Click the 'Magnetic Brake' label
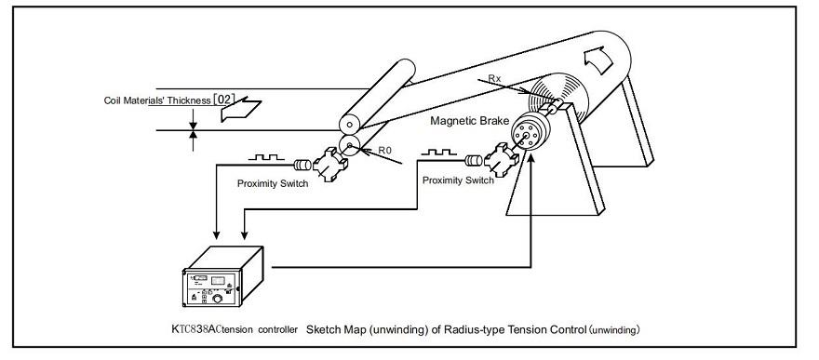point(469,121)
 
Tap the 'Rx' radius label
point(494,78)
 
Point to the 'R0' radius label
point(385,151)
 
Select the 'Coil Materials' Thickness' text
point(157,100)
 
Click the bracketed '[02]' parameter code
point(224,100)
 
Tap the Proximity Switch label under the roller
point(273,183)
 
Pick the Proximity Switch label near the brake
point(458,180)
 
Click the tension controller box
point(223,276)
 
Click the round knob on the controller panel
point(217,299)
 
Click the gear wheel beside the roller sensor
point(330,165)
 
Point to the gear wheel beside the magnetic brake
point(502,160)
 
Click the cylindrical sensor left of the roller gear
point(302,166)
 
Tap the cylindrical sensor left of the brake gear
point(473,161)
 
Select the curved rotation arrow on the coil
point(599,60)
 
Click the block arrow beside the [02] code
point(240,110)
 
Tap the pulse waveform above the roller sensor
point(266,156)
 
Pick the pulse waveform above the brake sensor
point(438,152)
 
